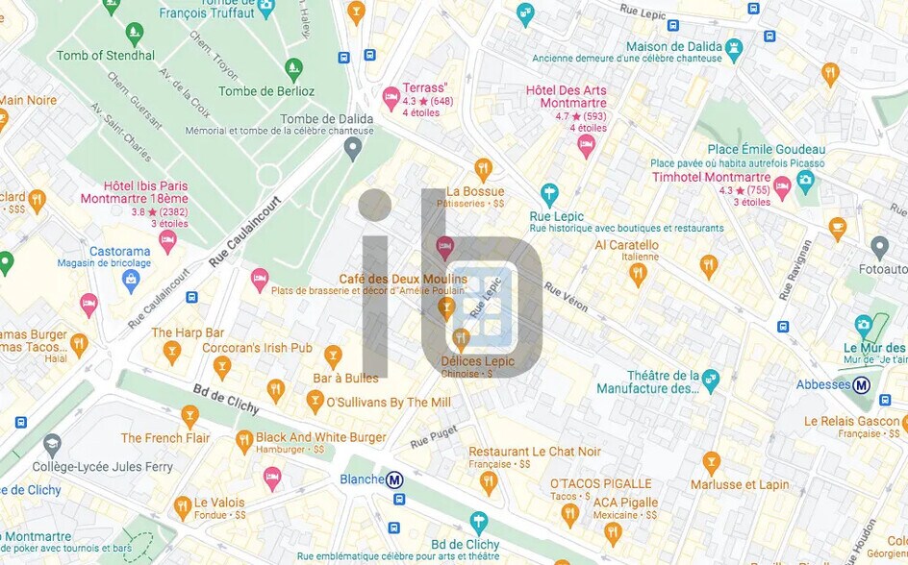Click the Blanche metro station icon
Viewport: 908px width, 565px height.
394,479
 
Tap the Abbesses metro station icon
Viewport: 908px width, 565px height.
862,385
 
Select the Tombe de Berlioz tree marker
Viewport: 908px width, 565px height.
293,69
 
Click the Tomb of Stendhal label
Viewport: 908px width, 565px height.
105,56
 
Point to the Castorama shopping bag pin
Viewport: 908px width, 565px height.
131,280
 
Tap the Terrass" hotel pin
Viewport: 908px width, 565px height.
391,97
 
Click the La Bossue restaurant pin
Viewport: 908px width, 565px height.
483,168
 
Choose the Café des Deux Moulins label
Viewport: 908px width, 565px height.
402,279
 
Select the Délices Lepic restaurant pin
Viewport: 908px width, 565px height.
461,337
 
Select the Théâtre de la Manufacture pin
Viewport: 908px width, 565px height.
710,376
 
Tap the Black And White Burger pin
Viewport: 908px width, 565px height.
244,441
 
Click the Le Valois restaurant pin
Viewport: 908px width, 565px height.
183,506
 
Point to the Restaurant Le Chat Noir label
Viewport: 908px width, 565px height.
535,452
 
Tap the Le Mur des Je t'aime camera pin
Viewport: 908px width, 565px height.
863,325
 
